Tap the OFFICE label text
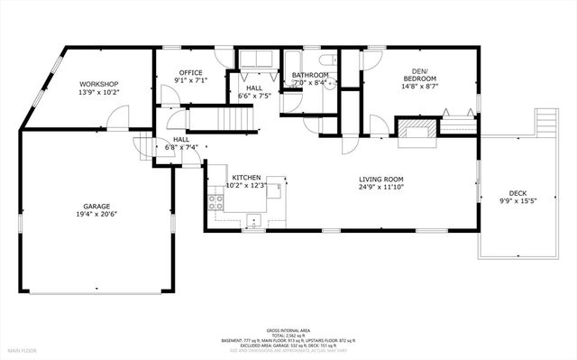pos(189,72)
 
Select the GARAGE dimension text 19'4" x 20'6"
pos(97,214)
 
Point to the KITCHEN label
pos(246,177)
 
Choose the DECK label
pos(517,192)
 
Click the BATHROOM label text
pos(309,76)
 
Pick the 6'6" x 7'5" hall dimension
pos(254,95)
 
